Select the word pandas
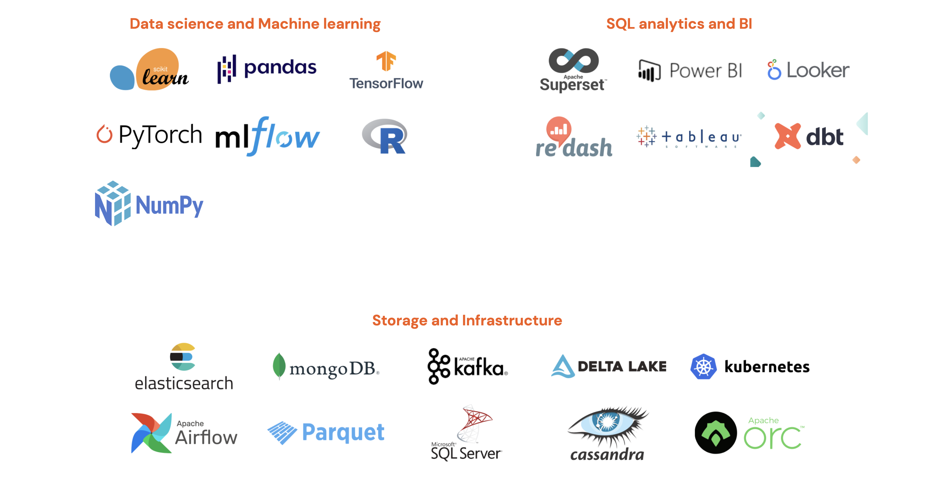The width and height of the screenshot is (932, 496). (280, 68)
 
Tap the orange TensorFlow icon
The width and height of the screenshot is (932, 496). (386, 61)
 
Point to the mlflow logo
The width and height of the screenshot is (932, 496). (267, 137)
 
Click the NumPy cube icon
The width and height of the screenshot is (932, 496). (113, 203)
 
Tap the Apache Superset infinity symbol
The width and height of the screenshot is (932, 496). (574, 60)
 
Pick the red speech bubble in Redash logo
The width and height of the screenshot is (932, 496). (559, 129)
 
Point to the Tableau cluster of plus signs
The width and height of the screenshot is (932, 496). (646, 136)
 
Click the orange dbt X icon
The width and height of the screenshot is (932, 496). (787, 136)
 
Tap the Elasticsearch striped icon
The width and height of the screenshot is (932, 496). (183, 356)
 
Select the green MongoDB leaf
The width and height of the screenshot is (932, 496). (279, 366)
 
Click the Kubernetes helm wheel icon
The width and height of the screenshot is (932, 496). (703, 367)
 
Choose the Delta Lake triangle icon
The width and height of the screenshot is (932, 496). (563, 366)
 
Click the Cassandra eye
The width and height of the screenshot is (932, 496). (608, 422)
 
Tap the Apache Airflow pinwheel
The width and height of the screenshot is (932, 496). (151, 433)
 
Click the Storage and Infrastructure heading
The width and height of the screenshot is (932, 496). (467, 320)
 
